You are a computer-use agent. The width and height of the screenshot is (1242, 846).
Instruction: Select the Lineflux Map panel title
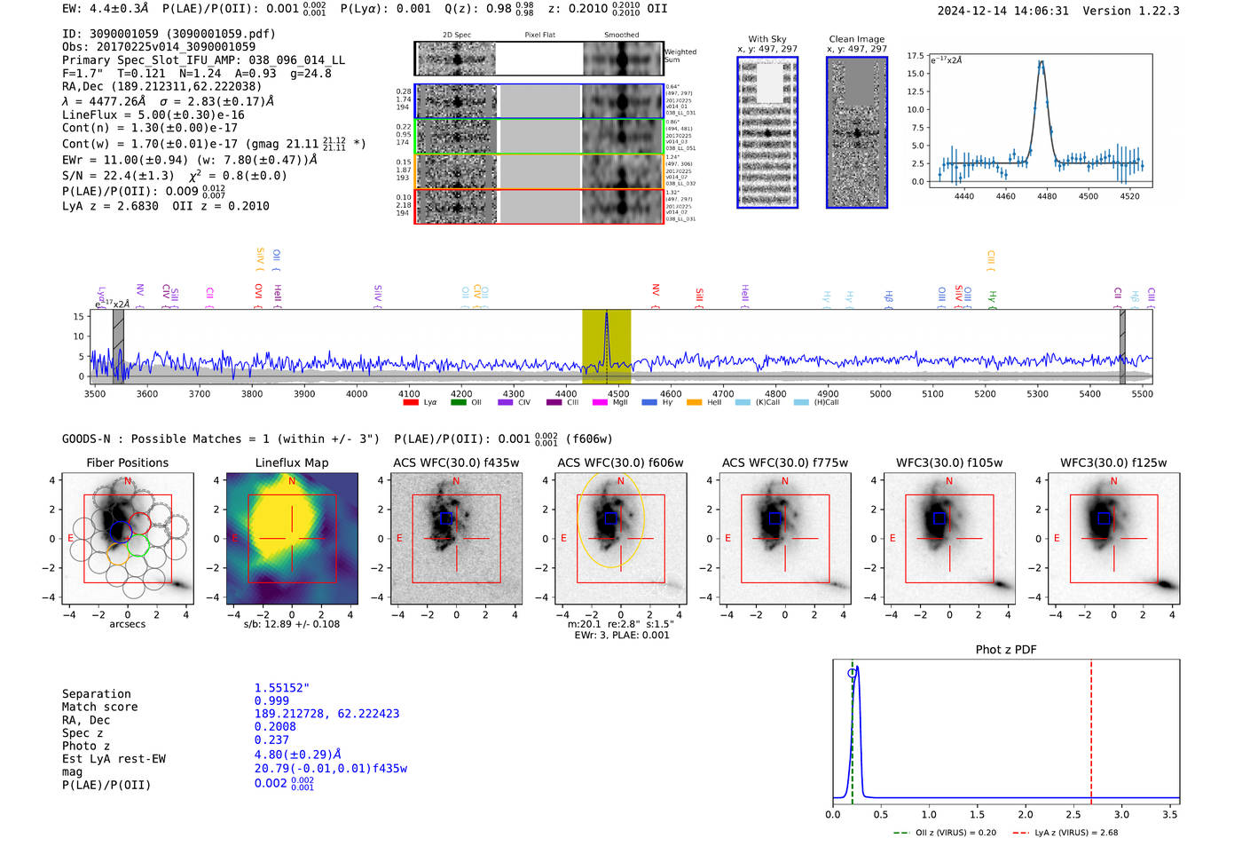(291, 463)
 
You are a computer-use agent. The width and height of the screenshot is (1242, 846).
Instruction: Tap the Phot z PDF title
(1005, 649)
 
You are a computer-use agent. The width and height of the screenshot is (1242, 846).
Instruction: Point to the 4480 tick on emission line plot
(1047, 196)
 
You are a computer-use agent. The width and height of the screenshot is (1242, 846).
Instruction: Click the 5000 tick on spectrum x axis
(880, 393)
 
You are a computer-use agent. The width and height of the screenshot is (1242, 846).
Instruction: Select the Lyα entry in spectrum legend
(421, 402)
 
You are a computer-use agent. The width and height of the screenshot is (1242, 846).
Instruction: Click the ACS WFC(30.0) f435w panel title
(456, 463)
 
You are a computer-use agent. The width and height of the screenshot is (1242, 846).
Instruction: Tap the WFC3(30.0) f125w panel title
(1113, 463)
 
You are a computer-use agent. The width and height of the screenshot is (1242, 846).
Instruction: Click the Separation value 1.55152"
(281, 688)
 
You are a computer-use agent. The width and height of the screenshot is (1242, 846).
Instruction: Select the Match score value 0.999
(271, 700)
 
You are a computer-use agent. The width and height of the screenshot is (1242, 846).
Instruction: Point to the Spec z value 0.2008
(275, 726)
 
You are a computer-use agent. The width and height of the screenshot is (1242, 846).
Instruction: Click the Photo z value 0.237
(271, 739)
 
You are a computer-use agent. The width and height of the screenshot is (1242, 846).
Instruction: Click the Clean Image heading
(856, 39)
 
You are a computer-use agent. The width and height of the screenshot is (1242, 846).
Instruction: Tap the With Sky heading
(766, 39)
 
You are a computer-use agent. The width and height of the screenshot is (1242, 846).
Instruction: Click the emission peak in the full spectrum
(607, 316)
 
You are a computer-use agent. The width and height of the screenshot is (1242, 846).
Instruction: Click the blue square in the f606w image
(610, 518)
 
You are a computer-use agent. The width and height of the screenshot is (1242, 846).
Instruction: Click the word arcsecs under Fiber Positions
(127, 624)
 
